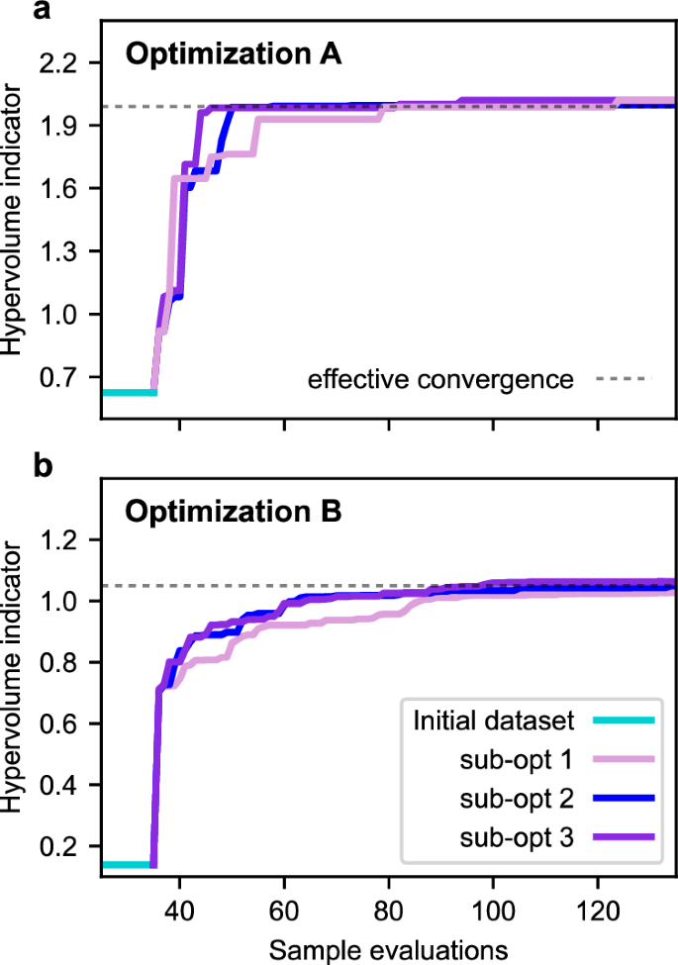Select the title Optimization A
coord(233,54)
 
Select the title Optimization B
coord(233,513)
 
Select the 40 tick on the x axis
coord(179,908)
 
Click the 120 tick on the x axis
coord(596,908)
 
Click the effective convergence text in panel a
coord(440,379)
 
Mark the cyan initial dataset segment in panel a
coord(129,393)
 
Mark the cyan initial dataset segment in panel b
coord(127,864)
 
